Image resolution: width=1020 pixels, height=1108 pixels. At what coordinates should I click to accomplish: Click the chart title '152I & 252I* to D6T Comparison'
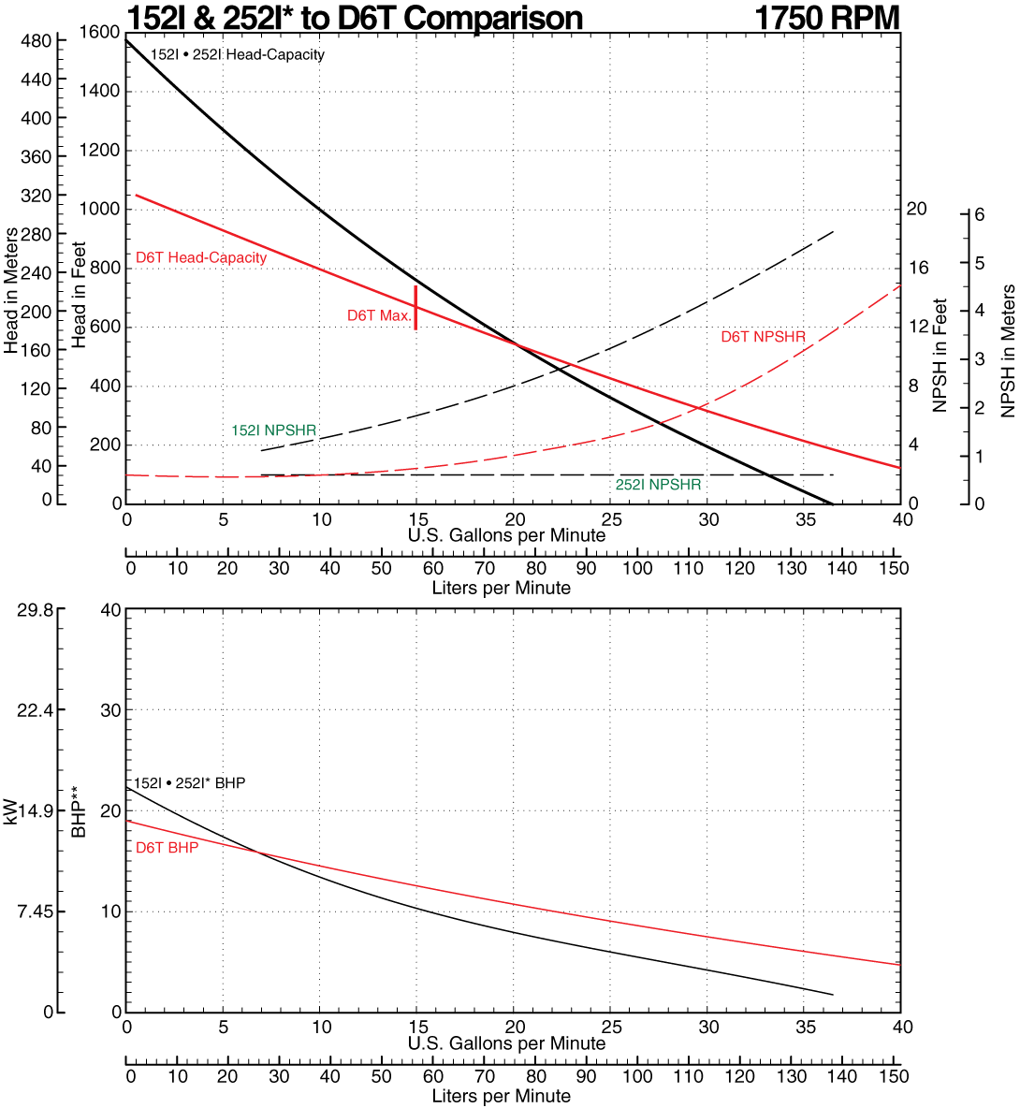(355, 18)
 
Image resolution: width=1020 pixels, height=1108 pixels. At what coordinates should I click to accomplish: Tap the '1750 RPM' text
(826, 18)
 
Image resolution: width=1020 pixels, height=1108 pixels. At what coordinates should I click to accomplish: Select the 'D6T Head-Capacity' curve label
(201, 257)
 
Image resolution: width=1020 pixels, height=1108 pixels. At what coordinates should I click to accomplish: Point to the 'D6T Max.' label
(379, 315)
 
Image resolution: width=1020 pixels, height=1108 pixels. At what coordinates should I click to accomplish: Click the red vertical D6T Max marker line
(415, 307)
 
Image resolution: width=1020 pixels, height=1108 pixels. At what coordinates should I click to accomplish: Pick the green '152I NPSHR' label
(274, 430)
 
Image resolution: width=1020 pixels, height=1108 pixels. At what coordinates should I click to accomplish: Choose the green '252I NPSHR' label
(658, 485)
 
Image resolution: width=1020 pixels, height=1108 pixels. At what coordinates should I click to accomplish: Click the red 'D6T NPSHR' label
(763, 337)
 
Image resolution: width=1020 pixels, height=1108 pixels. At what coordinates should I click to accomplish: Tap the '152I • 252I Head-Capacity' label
(238, 54)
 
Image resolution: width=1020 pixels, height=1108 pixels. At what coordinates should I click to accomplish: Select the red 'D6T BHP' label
(167, 848)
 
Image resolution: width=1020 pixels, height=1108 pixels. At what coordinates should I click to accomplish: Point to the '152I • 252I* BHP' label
(189, 782)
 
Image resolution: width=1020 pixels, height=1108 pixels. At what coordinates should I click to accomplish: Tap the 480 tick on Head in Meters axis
(36, 41)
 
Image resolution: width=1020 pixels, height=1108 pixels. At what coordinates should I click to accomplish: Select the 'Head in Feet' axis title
(79, 295)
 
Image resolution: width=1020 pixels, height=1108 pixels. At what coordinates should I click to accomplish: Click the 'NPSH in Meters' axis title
(1008, 351)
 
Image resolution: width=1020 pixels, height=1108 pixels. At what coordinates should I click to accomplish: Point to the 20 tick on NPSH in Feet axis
(917, 209)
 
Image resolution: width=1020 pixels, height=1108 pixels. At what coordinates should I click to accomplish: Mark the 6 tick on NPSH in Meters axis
(979, 214)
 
